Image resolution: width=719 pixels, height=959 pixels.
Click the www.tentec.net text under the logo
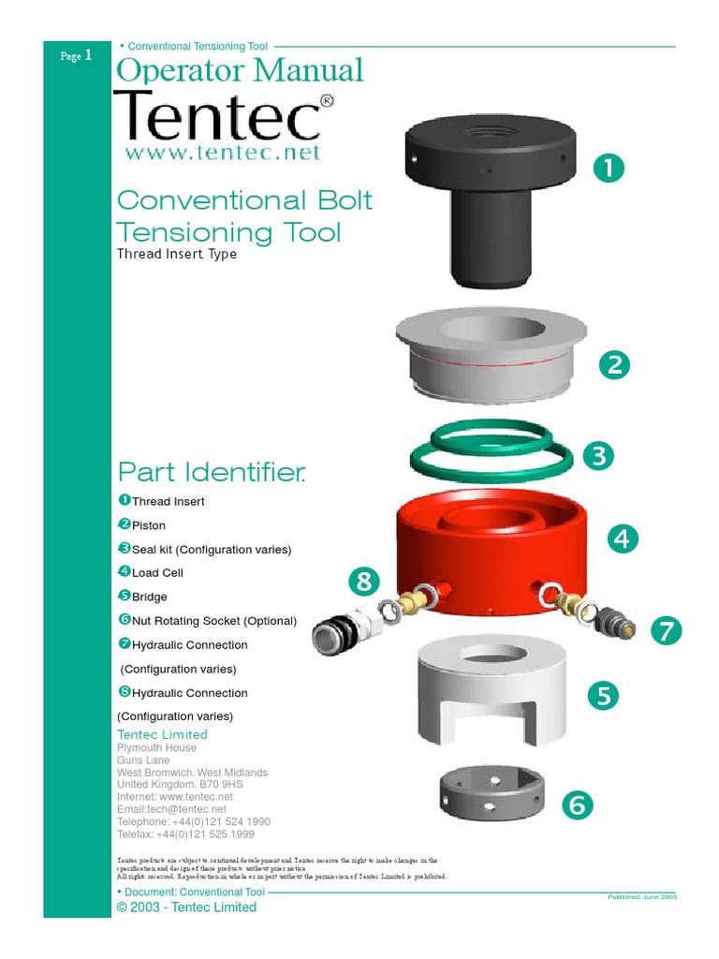222,153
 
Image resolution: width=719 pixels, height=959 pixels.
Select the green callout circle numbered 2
614,365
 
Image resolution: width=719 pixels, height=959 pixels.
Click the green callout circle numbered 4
623,539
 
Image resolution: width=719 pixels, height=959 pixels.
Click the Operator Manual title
239,70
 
